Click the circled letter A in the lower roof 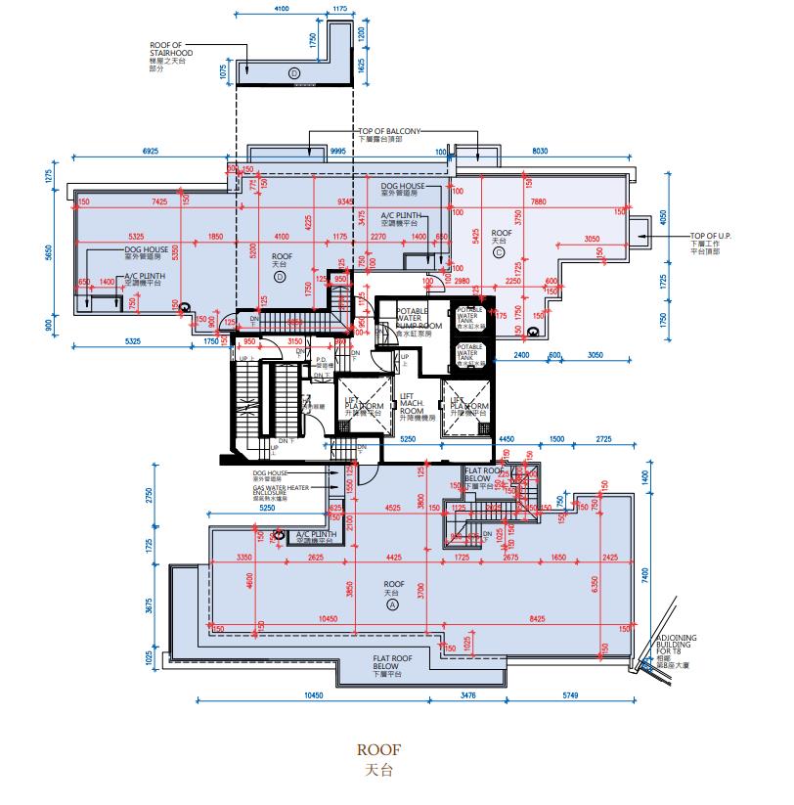click(x=393, y=605)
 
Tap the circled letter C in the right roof click(x=499, y=251)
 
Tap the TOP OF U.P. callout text click(x=718, y=243)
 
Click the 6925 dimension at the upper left click(x=151, y=153)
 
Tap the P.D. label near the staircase click(x=320, y=360)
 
